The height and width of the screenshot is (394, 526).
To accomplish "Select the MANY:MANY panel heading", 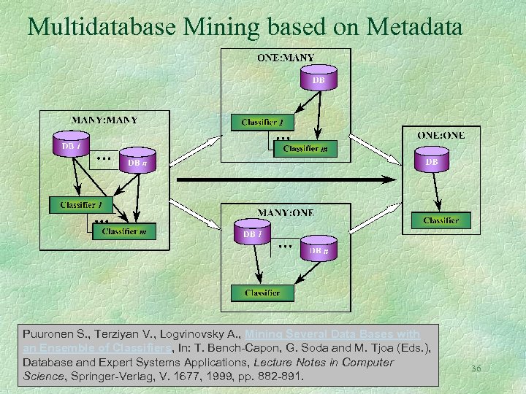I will coord(104,120).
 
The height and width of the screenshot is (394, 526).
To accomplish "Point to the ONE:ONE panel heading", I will coord(440,135).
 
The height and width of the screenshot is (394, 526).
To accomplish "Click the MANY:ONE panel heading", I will coord(285,212).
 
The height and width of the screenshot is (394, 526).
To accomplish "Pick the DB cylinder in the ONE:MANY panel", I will coord(319,80).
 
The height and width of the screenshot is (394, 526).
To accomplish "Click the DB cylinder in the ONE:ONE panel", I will coord(432,162).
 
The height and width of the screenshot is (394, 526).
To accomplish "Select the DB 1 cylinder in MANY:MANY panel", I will coord(71,145).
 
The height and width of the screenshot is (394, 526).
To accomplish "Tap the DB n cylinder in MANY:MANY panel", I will coord(136,163).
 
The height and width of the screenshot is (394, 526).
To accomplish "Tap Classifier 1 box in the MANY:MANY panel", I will coord(81,204).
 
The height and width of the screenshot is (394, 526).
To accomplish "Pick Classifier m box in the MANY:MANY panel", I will coord(124,231).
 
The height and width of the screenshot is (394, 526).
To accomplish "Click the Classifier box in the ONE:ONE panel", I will coord(441,220).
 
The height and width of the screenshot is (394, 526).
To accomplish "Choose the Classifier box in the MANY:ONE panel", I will coord(262,293).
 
